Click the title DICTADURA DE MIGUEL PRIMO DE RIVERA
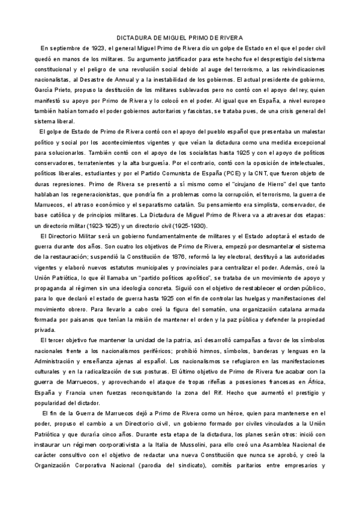point(179,37)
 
